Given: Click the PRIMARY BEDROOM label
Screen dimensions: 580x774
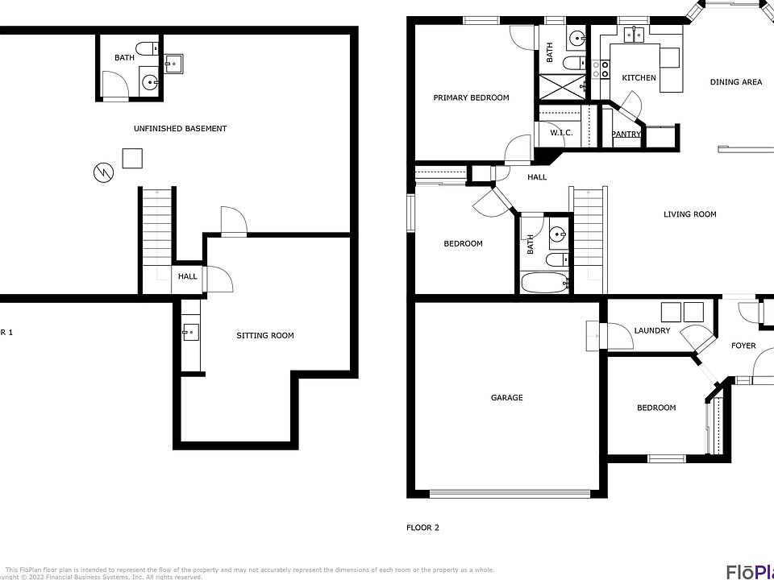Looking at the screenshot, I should pyautogui.click(x=471, y=98).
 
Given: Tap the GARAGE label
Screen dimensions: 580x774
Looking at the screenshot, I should pyautogui.click(x=507, y=397).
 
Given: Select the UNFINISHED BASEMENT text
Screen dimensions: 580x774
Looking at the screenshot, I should pyautogui.click(x=180, y=129).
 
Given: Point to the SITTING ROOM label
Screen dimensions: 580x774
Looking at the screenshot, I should pyautogui.click(x=264, y=335).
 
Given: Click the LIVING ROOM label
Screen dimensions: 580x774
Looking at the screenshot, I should pyautogui.click(x=689, y=214).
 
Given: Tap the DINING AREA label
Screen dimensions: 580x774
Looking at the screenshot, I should pyautogui.click(x=735, y=82).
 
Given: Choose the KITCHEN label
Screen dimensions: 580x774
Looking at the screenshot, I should pyautogui.click(x=639, y=78).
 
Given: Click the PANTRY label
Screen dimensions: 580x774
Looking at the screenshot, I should pyautogui.click(x=626, y=135).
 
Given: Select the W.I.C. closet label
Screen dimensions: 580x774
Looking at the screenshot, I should pyautogui.click(x=561, y=132).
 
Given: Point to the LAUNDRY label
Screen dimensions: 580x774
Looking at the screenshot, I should pyautogui.click(x=652, y=330).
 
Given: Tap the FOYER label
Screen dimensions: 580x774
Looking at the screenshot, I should pyautogui.click(x=743, y=346).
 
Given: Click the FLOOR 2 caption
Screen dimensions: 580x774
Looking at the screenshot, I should pyautogui.click(x=422, y=528).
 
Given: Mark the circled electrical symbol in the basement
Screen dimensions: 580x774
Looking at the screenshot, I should pyautogui.click(x=102, y=172).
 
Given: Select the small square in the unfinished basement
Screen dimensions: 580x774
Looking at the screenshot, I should pyautogui.click(x=132, y=158).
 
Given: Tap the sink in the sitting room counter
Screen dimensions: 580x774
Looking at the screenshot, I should pyautogui.click(x=189, y=330).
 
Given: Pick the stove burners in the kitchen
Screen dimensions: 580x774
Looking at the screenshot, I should pyautogui.click(x=601, y=70).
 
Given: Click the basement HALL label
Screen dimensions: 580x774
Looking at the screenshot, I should pyautogui.click(x=188, y=277).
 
